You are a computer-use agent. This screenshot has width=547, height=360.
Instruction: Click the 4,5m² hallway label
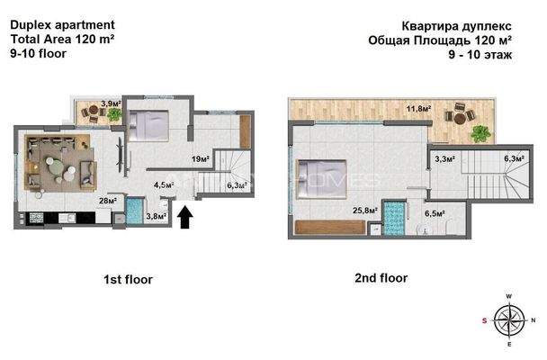tap(163, 185)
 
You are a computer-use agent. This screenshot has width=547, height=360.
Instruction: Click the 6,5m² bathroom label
tap(434, 214)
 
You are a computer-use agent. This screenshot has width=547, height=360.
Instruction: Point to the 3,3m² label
tap(444, 159)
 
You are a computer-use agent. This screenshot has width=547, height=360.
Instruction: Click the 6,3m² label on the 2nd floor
tap(514, 159)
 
